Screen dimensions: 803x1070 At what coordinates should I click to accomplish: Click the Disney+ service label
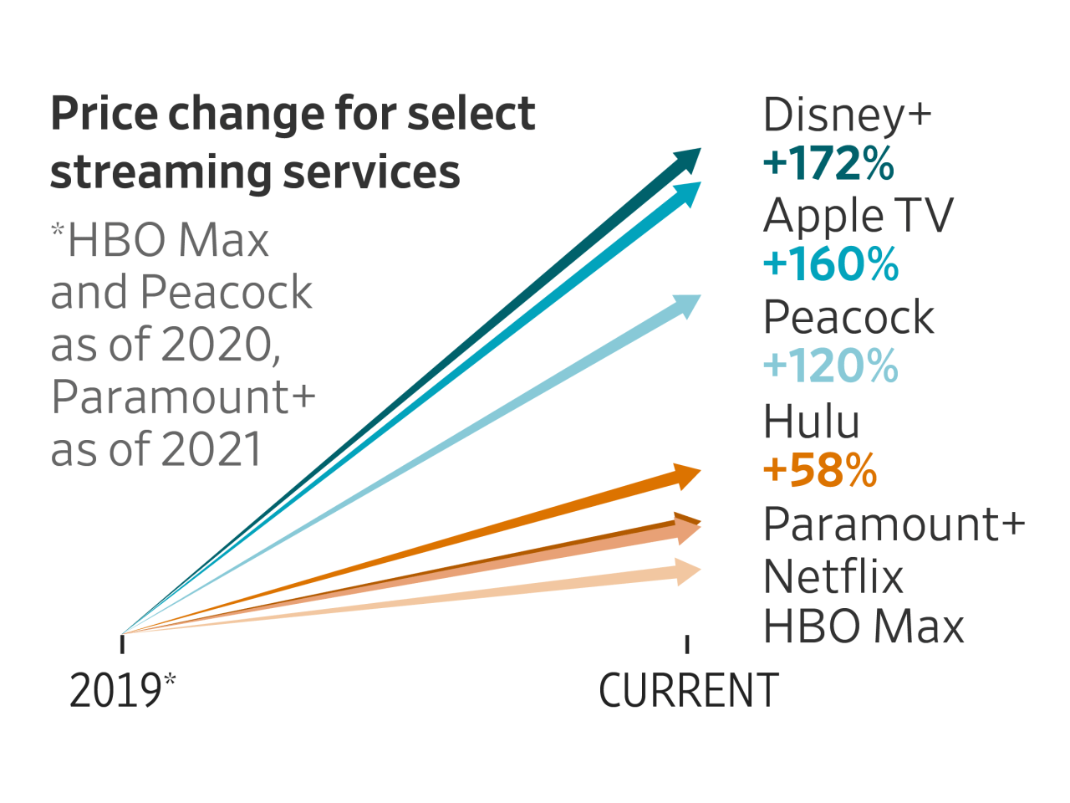(x=847, y=115)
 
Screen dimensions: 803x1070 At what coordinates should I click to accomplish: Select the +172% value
(x=828, y=163)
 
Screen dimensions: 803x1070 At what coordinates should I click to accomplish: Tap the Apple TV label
(x=858, y=216)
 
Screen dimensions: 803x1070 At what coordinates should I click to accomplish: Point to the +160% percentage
(x=831, y=264)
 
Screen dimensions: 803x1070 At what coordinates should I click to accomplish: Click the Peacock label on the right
(x=848, y=317)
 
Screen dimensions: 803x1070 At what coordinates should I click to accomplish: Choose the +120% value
(x=831, y=366)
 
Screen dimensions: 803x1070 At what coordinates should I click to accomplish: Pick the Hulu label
(x=811, y=422)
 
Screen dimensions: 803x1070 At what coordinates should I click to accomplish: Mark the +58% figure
(x=820, y=470)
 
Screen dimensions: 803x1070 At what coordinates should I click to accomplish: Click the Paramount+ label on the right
(x=894, y=524)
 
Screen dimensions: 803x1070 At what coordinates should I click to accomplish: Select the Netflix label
(x=833, y=577)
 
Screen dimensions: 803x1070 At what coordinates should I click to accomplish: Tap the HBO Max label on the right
(x=864, y=627)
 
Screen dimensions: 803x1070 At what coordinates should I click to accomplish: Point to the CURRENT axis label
(x=689, y=691)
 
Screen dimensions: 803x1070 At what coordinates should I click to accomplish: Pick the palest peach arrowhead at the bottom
(x=688, y=572)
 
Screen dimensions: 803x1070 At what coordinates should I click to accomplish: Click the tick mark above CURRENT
(x=687, y=643)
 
